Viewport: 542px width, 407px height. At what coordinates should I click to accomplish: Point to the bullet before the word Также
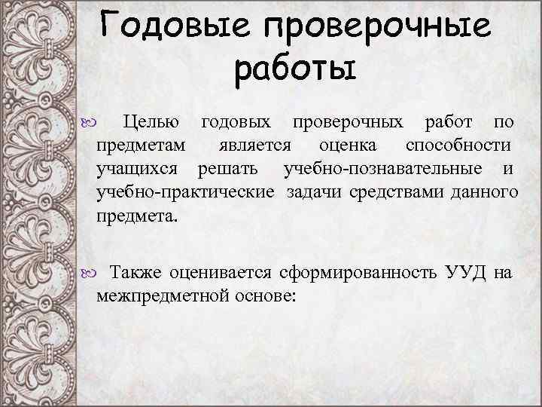tap(84, 274)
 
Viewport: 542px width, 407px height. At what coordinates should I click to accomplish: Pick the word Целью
tap(151, 122)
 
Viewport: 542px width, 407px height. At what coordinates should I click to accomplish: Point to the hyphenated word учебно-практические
tap(185, 193)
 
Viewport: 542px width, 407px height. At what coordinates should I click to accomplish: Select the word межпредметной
tap(158, 295)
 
